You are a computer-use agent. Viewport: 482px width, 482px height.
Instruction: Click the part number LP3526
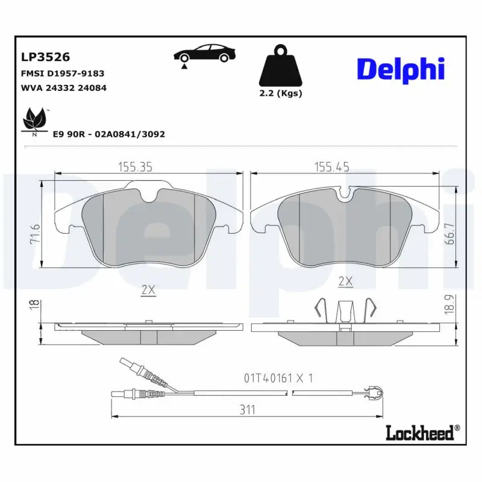pyautogui.click(x=46, y=57)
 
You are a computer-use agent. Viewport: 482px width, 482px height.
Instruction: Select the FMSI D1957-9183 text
pyautogui.click(x=63, y=73)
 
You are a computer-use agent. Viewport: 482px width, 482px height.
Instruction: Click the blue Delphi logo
pyautogui.click(x=401, y=69)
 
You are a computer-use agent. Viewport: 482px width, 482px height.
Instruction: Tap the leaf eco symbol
pyautogui.click(x=34, y=120)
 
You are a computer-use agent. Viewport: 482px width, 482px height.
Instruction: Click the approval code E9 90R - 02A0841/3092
pyautogui.click(x=108, y=134)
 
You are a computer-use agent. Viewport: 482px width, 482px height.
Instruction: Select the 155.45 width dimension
pyautogui.click(x=331, y=167)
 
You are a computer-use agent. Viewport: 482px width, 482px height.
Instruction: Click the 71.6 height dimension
pyautogui.click(x=35, y=233)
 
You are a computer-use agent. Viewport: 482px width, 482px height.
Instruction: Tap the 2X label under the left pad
pyautogui.click(x=148, y=290)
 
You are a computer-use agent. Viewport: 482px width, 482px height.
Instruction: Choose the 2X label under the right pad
pyautogui.click(x=345, y=281)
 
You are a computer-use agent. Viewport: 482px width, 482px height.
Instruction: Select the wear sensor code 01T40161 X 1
pyautogui.click(x=278, y=378)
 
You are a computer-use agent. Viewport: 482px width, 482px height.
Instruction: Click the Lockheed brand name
pyautogui.click(x=422, y=431)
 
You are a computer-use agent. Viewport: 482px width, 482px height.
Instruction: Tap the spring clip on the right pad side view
pyautogui.click(x=345, y=311)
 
